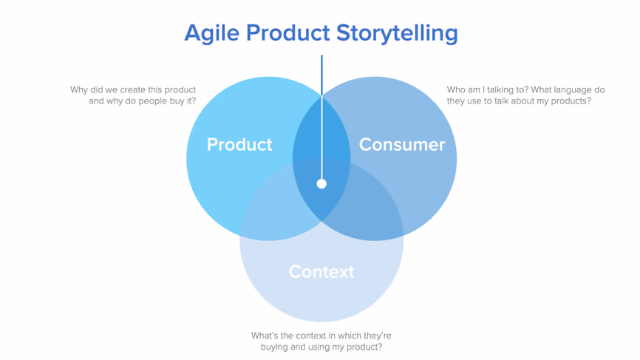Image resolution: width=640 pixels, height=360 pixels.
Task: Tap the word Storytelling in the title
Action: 397,33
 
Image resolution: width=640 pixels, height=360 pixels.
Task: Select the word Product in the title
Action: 287,33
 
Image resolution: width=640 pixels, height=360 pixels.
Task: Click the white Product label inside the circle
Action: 239,144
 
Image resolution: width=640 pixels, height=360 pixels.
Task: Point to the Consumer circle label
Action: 402,144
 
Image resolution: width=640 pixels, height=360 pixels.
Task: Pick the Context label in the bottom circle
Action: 321,272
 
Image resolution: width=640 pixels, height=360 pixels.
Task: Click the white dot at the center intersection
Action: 321,183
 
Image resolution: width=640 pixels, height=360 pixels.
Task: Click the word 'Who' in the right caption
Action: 455,89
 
